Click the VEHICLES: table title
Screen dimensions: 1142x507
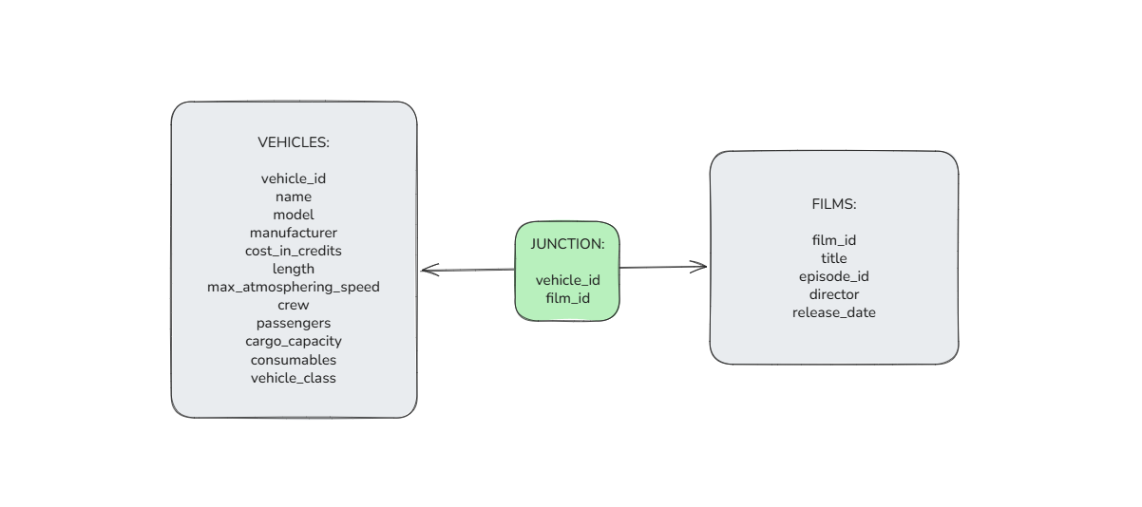(294, 142)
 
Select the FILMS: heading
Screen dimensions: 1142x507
(833, 204)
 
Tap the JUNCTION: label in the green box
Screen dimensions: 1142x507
(567, 244)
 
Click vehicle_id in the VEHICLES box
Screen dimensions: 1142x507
(294, 178)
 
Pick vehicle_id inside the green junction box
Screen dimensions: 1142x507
(567, 280)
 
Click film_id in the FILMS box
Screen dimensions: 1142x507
(833, 240)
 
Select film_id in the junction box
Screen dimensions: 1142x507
(567, 298)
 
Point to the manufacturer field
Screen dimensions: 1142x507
(294, 233)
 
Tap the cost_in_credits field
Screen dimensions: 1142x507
(294, 252)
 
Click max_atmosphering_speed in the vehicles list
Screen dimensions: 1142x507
(294, 288)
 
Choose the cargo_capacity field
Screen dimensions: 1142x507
(294, 342)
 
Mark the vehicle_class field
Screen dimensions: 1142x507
(294, 378)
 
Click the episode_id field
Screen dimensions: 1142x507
(833, 276)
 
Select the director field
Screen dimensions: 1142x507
(833, 294)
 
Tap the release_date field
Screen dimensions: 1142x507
(833, 313)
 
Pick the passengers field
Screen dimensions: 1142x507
(294, 324)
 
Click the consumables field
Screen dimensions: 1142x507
(294, 360)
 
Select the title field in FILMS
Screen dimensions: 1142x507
(833, 258)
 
